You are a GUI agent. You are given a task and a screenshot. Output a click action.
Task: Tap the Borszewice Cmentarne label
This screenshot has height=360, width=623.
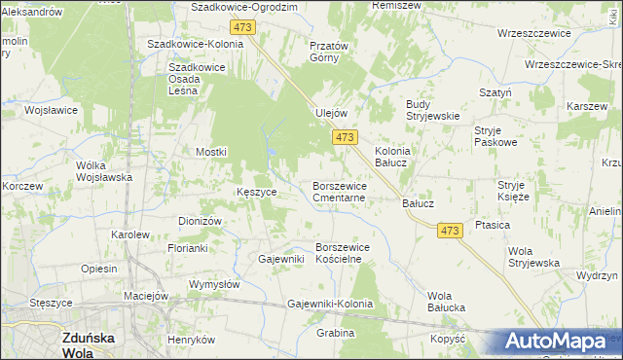339,191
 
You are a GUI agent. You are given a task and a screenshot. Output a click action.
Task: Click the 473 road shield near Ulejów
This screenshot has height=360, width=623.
344,139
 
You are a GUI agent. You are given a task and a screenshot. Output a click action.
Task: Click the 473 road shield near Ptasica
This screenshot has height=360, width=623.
448,231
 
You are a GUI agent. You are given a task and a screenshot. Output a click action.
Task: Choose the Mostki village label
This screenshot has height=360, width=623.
210,152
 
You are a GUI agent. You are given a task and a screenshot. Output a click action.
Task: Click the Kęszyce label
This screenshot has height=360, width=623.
257,192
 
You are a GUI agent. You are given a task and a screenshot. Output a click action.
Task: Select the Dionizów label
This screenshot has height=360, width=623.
201,221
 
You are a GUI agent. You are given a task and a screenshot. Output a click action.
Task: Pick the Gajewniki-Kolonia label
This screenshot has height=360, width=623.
330,305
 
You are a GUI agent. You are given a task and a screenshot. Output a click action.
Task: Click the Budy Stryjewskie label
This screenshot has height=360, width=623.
431,110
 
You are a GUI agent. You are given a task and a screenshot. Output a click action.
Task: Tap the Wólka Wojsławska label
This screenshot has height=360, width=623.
104,171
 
